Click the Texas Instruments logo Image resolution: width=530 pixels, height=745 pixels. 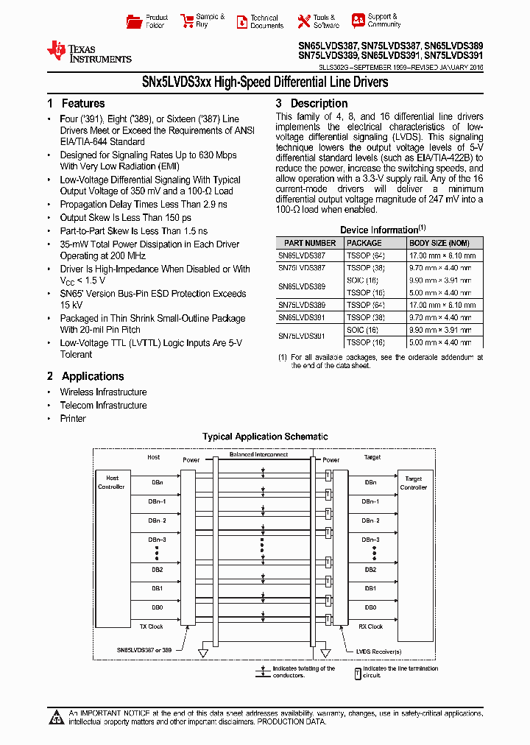[89, 52]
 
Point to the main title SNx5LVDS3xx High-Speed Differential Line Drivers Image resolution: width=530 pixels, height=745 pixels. [265, 82]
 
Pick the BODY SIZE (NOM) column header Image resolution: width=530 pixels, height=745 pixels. [439, 243]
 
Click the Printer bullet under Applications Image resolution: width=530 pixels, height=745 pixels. [73, 419]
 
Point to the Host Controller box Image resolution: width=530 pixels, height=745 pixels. [113, 482]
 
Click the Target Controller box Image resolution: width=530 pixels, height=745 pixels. [414, 483]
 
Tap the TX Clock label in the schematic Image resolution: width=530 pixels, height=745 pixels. [151, 626]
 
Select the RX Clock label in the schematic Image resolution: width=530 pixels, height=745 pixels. [370, 626]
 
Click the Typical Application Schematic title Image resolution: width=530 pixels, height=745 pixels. [265, 437]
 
